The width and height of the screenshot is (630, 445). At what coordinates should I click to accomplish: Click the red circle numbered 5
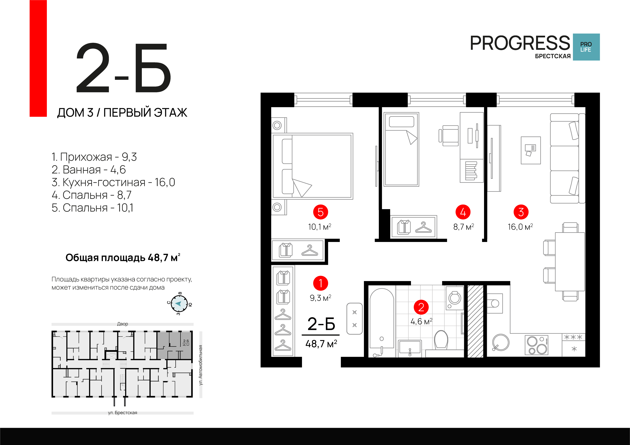pyautogui.click(x=320, y=212)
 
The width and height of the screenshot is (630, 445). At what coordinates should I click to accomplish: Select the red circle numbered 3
pyautogui.click(x=521, y=212)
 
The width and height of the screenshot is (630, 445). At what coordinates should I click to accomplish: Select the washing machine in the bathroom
pyautogui.click(x=455, y=298)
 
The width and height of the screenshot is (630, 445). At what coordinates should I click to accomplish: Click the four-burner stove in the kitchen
pyautogui.click(x=536, y=345)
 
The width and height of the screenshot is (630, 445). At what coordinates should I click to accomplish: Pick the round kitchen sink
pyautogui.click(x=501, y=342)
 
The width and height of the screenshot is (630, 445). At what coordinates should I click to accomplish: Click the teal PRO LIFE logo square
pyautogui.click(x=586, y=47)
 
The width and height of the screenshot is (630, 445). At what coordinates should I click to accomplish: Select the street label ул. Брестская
pyautogui.click(x=122, y=413)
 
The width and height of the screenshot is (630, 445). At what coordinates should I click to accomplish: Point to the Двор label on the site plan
pyautogui.click(x=122, y=324)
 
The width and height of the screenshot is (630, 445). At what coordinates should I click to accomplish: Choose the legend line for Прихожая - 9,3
pyautogui.click(x=94, y=157)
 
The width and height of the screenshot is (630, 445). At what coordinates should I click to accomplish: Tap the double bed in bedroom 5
pyautogui.click(x=312, y=166)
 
